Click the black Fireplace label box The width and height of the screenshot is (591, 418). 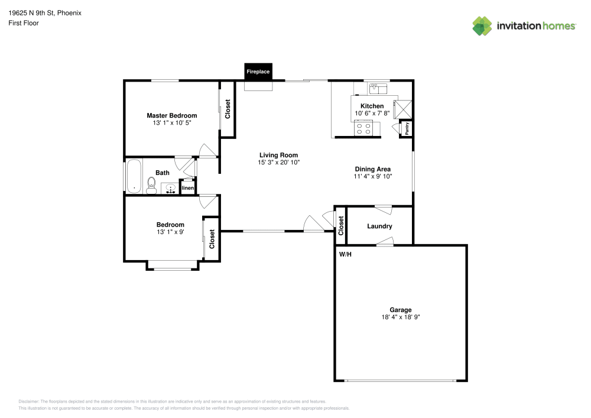[x=258, y=72]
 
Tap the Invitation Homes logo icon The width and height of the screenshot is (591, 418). [x=482, y=25]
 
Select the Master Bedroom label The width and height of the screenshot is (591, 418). [x=172, y=115]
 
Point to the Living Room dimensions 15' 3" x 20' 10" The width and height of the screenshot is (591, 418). [x=278, y=162]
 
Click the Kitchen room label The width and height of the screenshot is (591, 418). [x=372, y=106]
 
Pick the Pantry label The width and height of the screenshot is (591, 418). [x=407, y=128]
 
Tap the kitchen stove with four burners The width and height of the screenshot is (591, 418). [x=363, y=128]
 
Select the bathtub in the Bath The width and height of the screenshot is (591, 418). [x=134, y=176]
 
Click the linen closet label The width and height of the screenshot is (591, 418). [x=187, y=188]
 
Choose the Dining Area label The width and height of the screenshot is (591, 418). [x=372, y=169]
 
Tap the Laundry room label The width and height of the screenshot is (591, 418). [x=379, y=226]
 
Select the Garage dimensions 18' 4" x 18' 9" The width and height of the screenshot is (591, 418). [x=400, y=317]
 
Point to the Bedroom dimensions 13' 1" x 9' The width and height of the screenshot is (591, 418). [x=170, y=232]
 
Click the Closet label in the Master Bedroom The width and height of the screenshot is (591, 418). [x=228, y=109]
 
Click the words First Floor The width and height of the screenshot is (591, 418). [x=24, y=23]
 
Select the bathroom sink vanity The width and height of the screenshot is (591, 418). [x=170, y=189]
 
